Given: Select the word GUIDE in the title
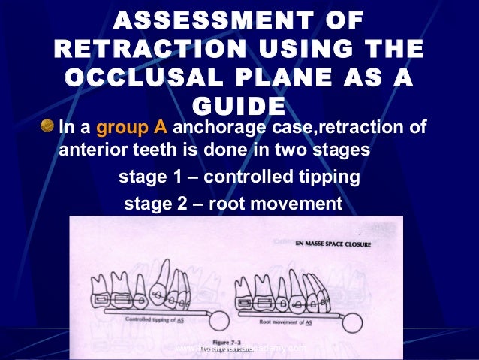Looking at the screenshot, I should pyautogui.click(x=239, y=106).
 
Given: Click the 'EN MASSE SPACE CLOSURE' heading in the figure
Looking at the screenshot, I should pyautogui.click(x=346, y=244).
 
